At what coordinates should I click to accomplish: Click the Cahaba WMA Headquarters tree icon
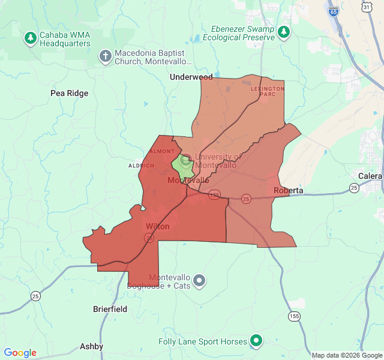tap(30, 39)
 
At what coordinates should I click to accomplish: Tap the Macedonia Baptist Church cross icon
tap(105, 56)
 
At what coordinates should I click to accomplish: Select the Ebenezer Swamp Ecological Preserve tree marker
tap(284, 33)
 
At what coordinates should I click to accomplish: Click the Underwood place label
tap(191, 77)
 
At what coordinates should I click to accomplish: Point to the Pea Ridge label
tap(69, 93)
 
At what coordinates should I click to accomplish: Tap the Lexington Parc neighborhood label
tap(267, 91)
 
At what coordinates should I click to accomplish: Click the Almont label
tap(163, 151)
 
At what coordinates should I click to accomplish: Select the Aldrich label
tap(137, 166)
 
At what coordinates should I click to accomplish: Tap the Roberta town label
tap(288, 190)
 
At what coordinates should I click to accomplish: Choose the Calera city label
tap(370, 176)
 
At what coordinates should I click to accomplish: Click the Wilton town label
tap(157, 226)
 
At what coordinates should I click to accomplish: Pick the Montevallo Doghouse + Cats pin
tap(199, 280)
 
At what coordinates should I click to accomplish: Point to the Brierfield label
tap(110, 309)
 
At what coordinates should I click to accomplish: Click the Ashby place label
tap(91, 346)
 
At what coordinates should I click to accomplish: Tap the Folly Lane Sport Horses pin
tap(256, 341)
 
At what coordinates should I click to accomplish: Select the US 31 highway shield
tap(366, 5)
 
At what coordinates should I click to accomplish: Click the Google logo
tap(20, 353)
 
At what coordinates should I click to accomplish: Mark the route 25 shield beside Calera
tap(355, 188)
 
